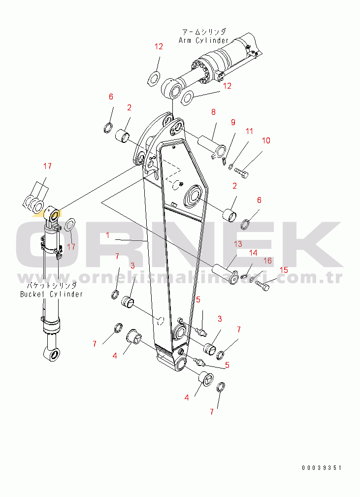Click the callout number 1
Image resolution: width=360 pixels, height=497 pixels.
(108, 235)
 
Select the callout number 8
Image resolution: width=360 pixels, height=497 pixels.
(213, 112)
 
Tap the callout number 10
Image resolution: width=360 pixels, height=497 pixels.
(266, 140)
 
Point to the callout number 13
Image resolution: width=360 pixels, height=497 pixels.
(238, 244)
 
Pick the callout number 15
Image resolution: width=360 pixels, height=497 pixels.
(284, 270)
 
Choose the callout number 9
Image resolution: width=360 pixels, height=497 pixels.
(233, 122)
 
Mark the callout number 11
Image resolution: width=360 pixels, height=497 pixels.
(249, 131)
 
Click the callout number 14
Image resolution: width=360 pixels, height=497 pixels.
(253, 253)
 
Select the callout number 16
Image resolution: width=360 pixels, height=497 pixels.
(268, 261)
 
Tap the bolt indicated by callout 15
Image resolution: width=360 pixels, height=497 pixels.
(262, 285)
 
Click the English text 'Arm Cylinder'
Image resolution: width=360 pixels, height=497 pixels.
(203, 40)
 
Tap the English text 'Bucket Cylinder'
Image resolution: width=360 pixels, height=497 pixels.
(51, 294)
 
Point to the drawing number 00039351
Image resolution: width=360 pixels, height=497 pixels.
(322, 467)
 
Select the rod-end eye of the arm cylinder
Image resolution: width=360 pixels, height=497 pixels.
(172, 89)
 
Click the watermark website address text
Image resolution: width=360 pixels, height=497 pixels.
(180, 278)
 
